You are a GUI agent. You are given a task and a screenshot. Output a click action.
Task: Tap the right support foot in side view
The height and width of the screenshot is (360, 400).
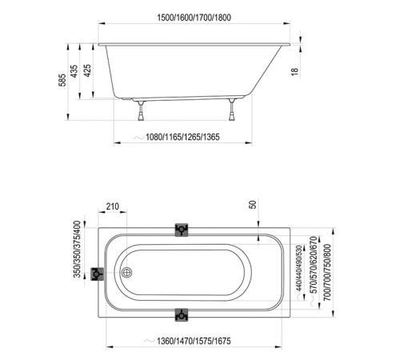coord(233,109)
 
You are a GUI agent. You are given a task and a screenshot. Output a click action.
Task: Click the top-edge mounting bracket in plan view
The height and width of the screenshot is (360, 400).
coord(182,230)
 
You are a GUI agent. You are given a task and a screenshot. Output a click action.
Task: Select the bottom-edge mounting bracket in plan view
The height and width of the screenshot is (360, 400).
coord(182,314)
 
